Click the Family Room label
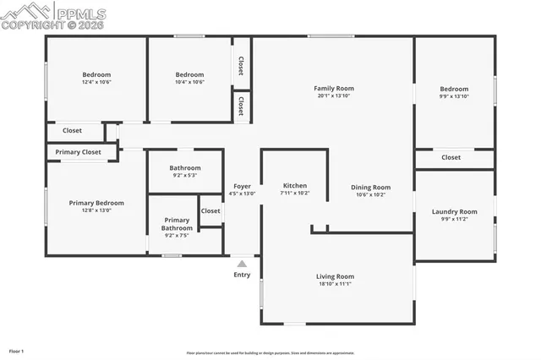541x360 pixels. point(334,88)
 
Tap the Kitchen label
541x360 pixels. point(294,185)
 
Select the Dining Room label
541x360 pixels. point(370,187)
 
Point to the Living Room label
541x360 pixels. point(335,276)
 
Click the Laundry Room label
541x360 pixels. point(454,211)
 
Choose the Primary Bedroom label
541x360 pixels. point(96,203)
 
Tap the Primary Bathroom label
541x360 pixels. point(177,224)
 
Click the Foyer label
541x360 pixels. point(242,185)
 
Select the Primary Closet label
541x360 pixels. point(79,152)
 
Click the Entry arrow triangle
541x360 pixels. point(242,265)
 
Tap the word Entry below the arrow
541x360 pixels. point(242,275)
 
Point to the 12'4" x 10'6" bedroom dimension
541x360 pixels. point(96,82)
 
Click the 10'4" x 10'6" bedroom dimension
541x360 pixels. point(189,82)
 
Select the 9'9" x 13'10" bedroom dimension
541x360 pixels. point(454,96)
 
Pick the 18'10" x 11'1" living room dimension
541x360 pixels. point(335,284)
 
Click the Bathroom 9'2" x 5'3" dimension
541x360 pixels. point(184,175)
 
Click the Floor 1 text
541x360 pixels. point(16,351)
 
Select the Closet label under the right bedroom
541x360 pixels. point(451,157)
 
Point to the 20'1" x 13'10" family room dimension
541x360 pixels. point(334,95)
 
